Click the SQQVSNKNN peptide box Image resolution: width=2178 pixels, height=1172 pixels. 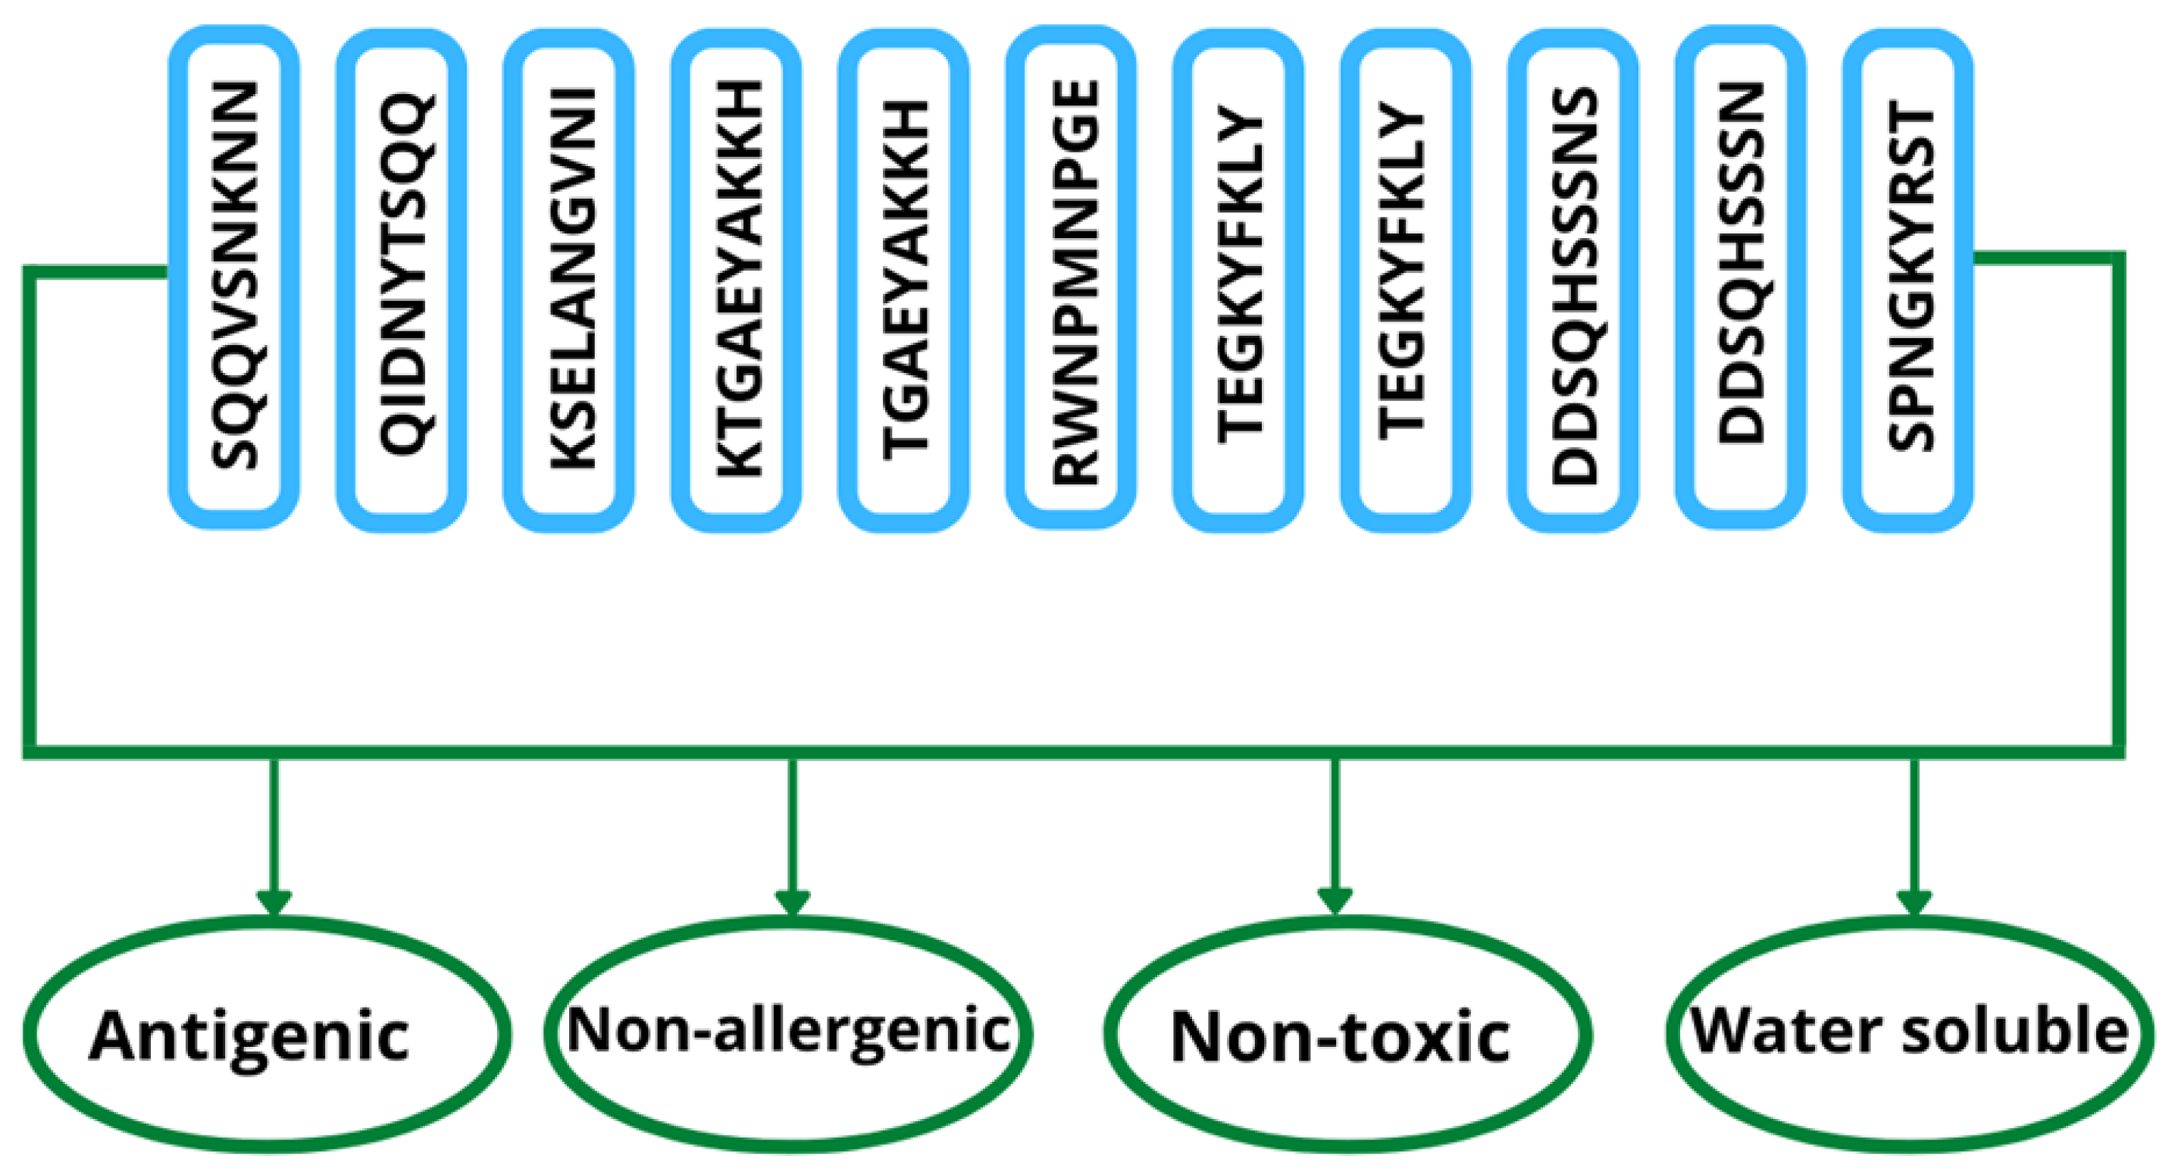[x=233, y=277]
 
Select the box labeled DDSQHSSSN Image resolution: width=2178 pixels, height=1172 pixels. [x=1741, y=277]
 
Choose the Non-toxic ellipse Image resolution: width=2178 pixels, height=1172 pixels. [x=1347, y=1034]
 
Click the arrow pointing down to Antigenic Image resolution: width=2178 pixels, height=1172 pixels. [x=273, y=837]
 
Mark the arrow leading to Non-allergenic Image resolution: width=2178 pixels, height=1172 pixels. [x=792, y=837]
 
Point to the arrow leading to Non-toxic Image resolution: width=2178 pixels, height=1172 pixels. [x=1335, y=837]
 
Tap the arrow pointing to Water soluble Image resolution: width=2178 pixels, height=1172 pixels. [x=1914, y=837]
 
